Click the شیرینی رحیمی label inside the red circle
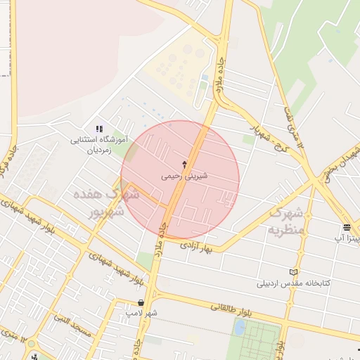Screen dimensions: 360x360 coord(181,177)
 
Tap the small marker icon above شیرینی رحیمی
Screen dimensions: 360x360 coord(185,165)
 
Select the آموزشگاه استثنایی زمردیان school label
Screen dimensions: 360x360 coord(101,145)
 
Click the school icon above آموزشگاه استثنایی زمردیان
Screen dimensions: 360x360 coord(100,129)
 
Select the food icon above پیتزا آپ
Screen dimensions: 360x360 coord(347,227)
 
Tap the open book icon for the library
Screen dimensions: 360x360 coord(293,272)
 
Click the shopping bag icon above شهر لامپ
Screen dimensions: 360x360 coord(141,302)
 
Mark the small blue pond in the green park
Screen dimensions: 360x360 coord(240,328)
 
